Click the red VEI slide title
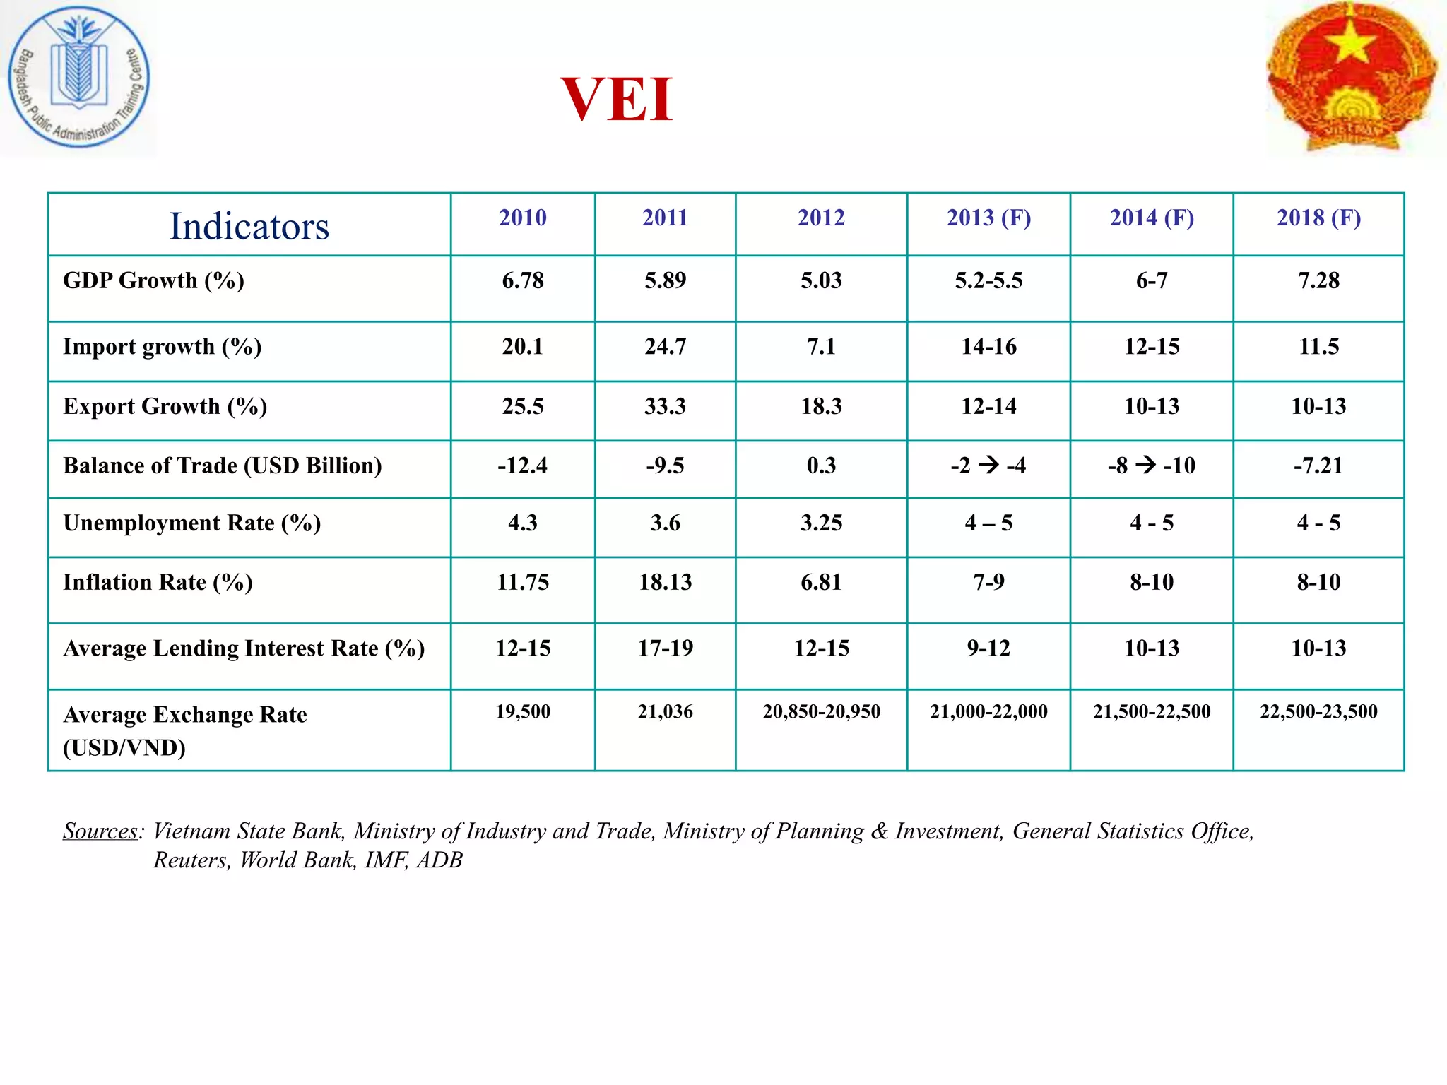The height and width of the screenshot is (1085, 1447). pyautogui.click(x=616, y=100)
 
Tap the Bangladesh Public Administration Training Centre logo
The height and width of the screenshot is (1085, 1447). pyautogui.click(x=78, y=77)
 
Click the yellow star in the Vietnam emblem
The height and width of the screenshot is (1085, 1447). pyautogui.click(x=1350, y=44)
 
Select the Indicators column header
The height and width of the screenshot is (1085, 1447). pyautogui.click(x=249, y=226)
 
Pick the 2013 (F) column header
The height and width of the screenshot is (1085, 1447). pyautogui.click(x=988, y=218)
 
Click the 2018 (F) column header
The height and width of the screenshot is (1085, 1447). pyautogui.click(x=1318, y=218)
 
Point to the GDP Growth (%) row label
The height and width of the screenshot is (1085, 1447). pyautogui.click(x=153, y=280)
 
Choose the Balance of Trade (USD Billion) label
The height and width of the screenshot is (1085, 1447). pyautogui.click(x=223, y=466)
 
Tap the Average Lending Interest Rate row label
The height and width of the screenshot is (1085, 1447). pyautogui.click(x=244, y=648)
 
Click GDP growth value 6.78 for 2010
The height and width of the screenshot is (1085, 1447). pyautogui.click(x=523, y=280)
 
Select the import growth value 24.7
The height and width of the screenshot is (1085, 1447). pyautogui.click(x=665, y=347)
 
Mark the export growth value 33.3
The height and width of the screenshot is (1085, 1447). pyautogui.click(x=665, y=406)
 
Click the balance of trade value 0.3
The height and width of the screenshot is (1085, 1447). pyautogui.click(x=821, y=466)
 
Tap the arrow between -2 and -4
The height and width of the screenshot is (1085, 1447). pyautogui.click(x=988, y=465)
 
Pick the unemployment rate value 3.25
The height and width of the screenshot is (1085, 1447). pyautogui.click(x=821, y=523)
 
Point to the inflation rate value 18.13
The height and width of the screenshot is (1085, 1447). pyautogui.click(x=665, y=582)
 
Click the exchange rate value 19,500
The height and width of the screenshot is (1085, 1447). pyautogui.click(x=523, y=711)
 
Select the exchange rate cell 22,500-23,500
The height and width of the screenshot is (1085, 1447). pyautogui.click(x=1318, y=711)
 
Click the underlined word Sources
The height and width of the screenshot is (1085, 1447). pyautogui.click(x=100, y=831)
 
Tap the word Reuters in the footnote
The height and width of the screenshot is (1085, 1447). pyautogui.click(x=191, y=860)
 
